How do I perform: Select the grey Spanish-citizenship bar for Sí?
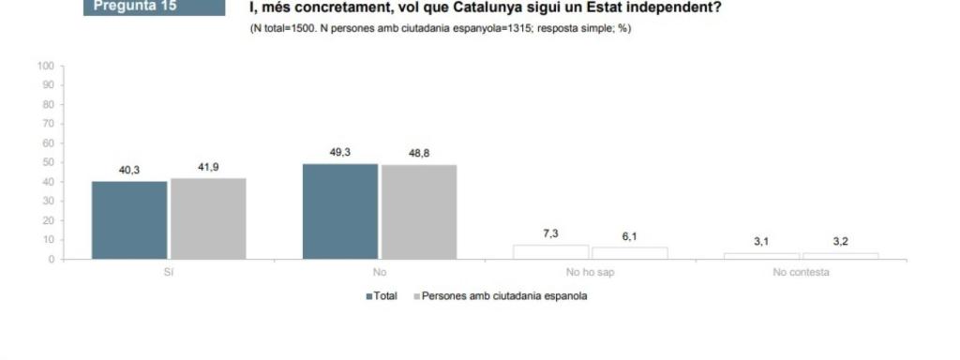tap(208, 218)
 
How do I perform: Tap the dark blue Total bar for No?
tap(340, 211)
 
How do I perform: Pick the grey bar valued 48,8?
tap(418, 212)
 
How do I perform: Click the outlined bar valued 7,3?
tap(550, 252)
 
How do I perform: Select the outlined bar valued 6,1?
tap(629, 253)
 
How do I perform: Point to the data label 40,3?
tap(129, 171)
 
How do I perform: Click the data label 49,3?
tap(340, 153)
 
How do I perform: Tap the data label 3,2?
tap(840, 242)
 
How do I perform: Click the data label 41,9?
tap(208, 167)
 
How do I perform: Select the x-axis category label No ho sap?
tap(590, 273)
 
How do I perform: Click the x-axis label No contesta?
tap(801, 273)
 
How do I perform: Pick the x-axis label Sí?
tap(168, 273)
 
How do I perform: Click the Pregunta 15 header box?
tap(157, 7)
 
